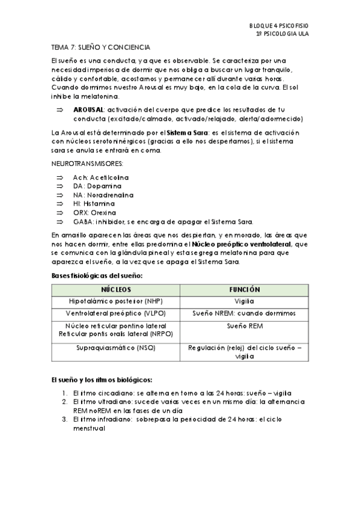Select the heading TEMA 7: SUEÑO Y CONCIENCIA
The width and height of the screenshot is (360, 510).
100,47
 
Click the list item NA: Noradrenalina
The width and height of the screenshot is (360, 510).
103,195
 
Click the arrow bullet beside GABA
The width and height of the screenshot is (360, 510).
59,221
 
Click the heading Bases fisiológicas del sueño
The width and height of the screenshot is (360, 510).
97,275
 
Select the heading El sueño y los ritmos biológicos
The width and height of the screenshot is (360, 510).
102,381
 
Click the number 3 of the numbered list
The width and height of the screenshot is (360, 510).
64,419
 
